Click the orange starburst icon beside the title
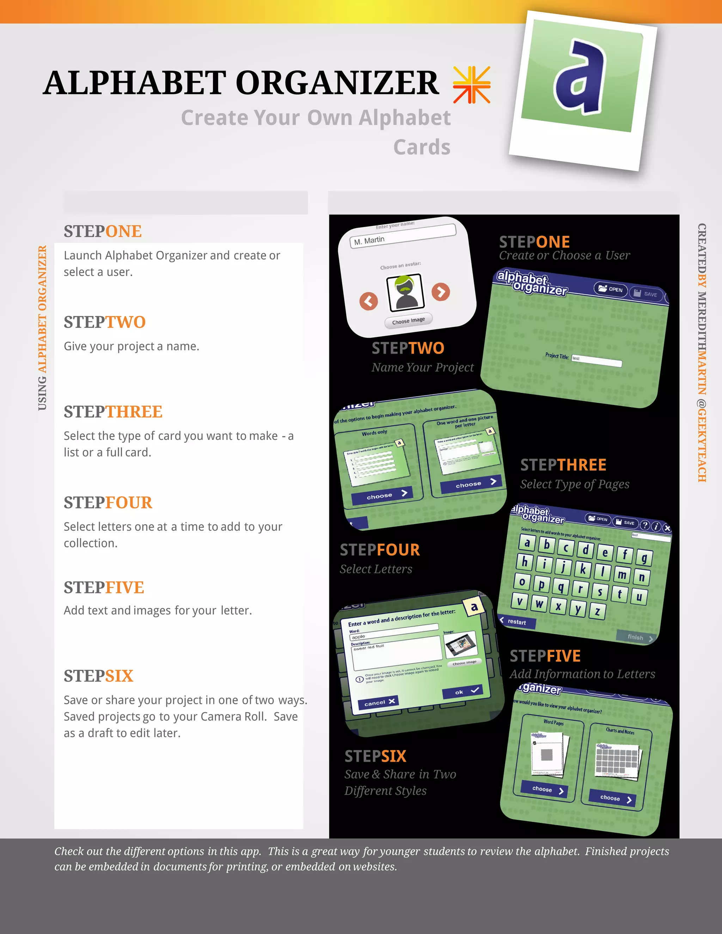(471, 85)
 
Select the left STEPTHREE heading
(113, 412)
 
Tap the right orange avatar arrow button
(441, 292)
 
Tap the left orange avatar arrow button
(369, 301)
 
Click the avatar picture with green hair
(405, 293)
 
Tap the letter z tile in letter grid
(597, 611)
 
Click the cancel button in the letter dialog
(378, 702)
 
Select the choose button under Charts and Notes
(612, 798)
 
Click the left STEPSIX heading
(98, 676)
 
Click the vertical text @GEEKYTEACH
(702, 441)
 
